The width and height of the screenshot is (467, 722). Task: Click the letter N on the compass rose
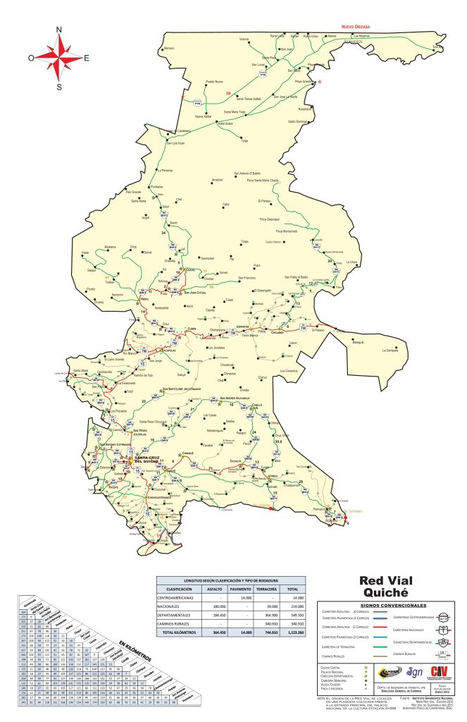coord(59,29)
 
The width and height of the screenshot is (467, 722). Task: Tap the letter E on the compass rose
coord(87,58)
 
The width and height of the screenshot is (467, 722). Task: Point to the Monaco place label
coord(168,48)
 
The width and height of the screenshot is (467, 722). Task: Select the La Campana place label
coord(390,350)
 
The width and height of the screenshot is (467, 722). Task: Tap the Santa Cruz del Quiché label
coord(147,458)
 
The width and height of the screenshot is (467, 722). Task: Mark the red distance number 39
coord(228,93)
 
